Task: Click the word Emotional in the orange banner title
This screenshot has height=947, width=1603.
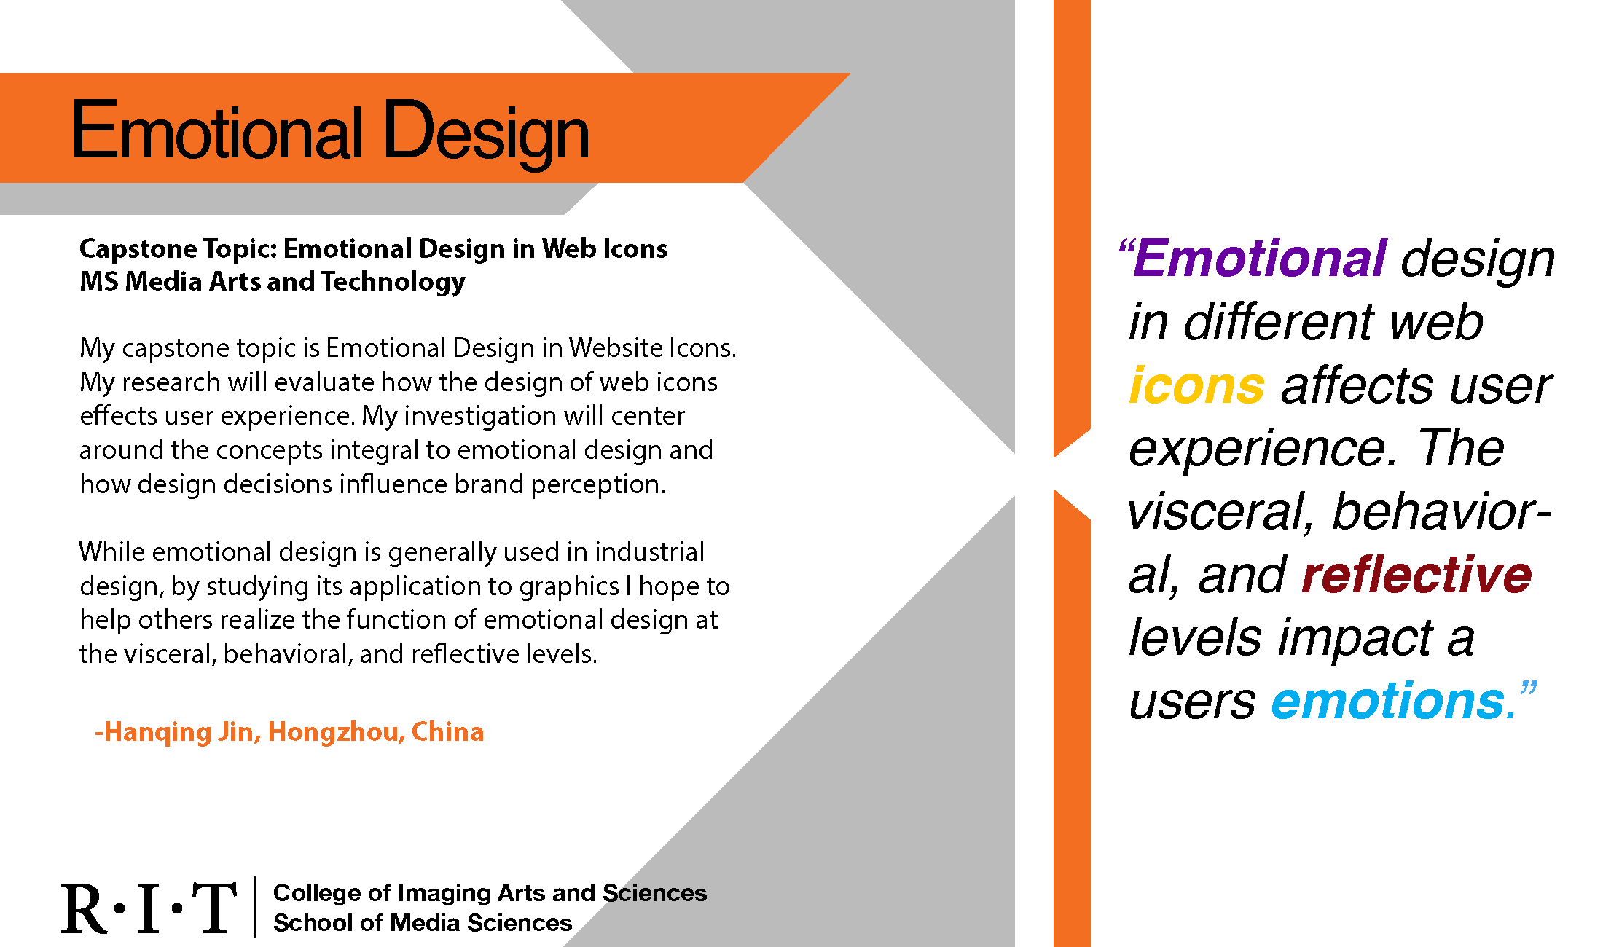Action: [217, 130]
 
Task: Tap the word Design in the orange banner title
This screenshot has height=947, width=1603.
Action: [486, 135]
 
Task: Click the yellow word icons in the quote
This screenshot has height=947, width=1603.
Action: [1196, 385]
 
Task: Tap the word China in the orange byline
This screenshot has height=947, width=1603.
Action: [447, 731]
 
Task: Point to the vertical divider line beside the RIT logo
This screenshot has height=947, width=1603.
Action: [254, 907]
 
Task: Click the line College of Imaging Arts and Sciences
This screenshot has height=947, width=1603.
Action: [490, 893]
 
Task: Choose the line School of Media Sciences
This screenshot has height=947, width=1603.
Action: [423, 923]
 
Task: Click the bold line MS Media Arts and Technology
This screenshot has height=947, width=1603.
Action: [272, 282]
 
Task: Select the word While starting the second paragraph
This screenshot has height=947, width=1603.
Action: [112, 552]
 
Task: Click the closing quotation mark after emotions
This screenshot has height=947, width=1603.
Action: [1529, 688]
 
